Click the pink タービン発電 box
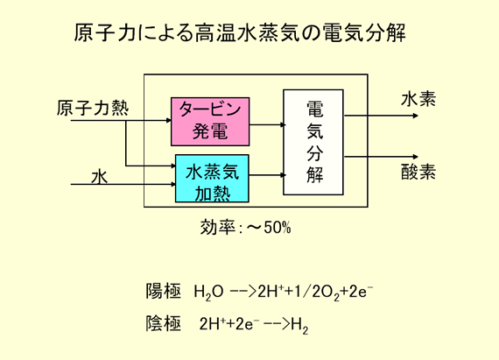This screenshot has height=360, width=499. click(x=210, y=122)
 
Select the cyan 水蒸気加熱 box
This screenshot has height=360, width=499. click(x=212, y=179)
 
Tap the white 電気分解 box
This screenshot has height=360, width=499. click(x=313, y=142)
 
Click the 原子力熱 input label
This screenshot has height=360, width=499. click(x=93, y=108)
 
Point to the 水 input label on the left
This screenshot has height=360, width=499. click(x=99, y=177)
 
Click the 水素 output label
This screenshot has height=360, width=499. click(x=418, y=99)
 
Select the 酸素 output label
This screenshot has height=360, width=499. click(x=418, y=172)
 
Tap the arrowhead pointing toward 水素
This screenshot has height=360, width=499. click(x=415, y=116)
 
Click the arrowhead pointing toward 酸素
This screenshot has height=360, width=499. click(x=415, y=157)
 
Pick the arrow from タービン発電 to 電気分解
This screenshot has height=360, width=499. click(x=266, y=124)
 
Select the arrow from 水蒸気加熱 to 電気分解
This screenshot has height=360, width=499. click(x=266, y=175)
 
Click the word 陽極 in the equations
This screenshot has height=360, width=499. click(x=163, y=291)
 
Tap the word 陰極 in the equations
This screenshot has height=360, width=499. click(x=163, y=323)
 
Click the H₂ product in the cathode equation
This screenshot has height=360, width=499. click(x=299, y=325)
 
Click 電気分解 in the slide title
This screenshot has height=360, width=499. click(x=364, y=32)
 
